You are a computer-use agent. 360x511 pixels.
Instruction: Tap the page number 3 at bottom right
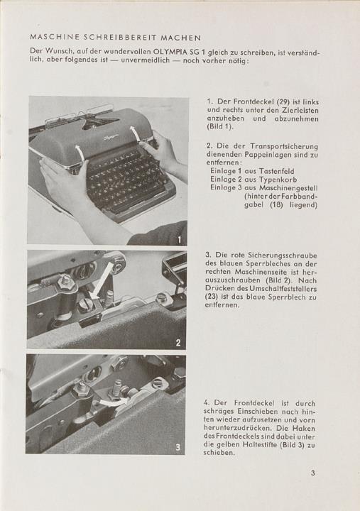click(x=312, y=473)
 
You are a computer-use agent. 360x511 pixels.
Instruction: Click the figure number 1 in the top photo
click(x=180, y=241)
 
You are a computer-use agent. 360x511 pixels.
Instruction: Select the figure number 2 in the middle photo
click(x=178, y=343)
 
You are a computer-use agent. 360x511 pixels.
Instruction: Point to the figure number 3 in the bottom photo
click(x=178, y=447)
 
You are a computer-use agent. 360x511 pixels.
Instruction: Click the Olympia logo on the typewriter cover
click(x=111, y=138)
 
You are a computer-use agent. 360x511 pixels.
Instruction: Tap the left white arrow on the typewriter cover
click(x=80, y=153)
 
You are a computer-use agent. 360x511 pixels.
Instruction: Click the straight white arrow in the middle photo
click(x=100, y=282)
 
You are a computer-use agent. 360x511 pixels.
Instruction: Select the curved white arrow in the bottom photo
click(x=113, y=402)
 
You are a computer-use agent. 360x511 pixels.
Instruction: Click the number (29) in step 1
click(x=283, y=101)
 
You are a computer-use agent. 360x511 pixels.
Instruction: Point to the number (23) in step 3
click(x=212, y=297)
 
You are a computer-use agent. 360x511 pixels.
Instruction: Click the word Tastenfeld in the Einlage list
click(x=276, y=171)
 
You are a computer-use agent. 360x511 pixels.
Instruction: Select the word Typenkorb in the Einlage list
click(x=278, y=180)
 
